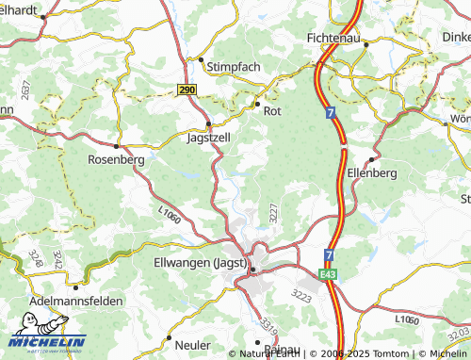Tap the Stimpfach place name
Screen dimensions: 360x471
click(x=231, y=67)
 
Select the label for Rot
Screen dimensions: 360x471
click(x=273, y=111)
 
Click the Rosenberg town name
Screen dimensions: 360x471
click(x=115, y=160)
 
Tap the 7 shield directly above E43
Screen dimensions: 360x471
click(x=329, y=255)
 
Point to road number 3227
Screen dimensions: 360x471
click(x=273, y=212)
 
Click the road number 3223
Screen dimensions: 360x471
click(x=301, y=295)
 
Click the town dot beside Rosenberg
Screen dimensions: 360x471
click(x=117, y=146)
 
